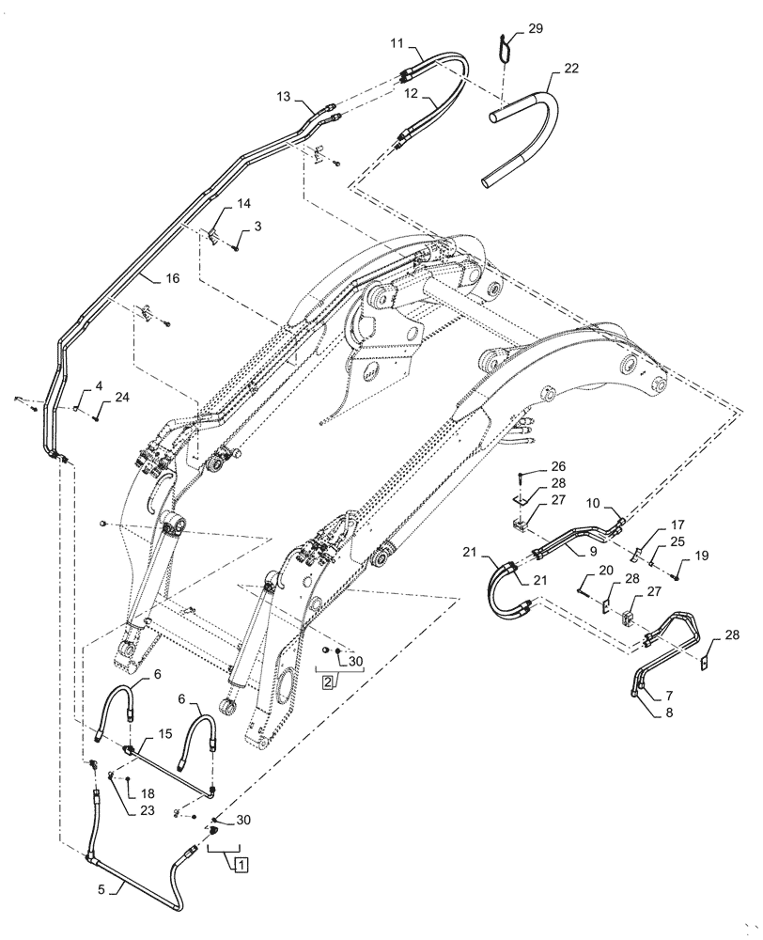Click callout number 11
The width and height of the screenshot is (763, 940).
pyautogui.click(x=397, y=43)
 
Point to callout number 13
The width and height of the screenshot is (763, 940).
pyautogui.click(x=285, y=96)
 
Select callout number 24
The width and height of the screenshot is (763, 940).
pyautogui.click(x=121, y=398)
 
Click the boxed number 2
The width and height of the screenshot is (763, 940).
pyautogui.click(x=328, y=681)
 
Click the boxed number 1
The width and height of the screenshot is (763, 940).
pyautogui.click(x=241, y=863)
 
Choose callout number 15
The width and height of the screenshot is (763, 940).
pyautogui.click(x=165, y=733)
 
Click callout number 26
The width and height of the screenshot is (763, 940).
pyautogui.click(x=558, y=466)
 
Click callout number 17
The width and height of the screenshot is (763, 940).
pyautogui.click(x=677, y=525)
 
